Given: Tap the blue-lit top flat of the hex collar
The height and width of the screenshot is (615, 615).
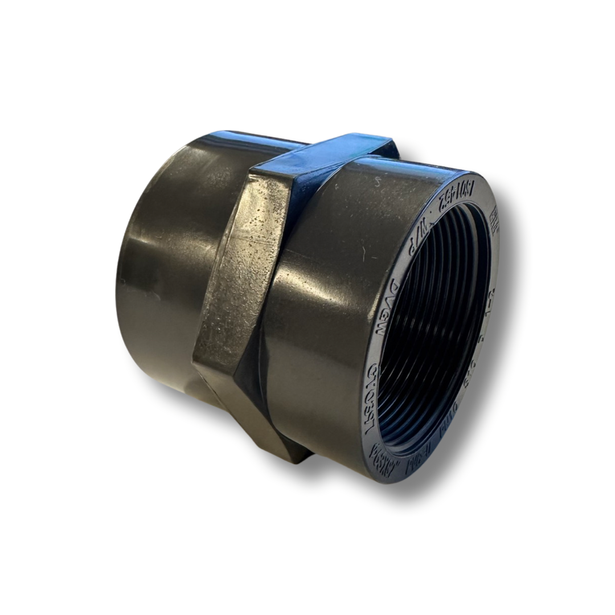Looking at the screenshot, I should coord(325,149).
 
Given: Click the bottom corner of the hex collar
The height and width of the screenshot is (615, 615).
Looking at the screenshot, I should coord(296,456).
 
